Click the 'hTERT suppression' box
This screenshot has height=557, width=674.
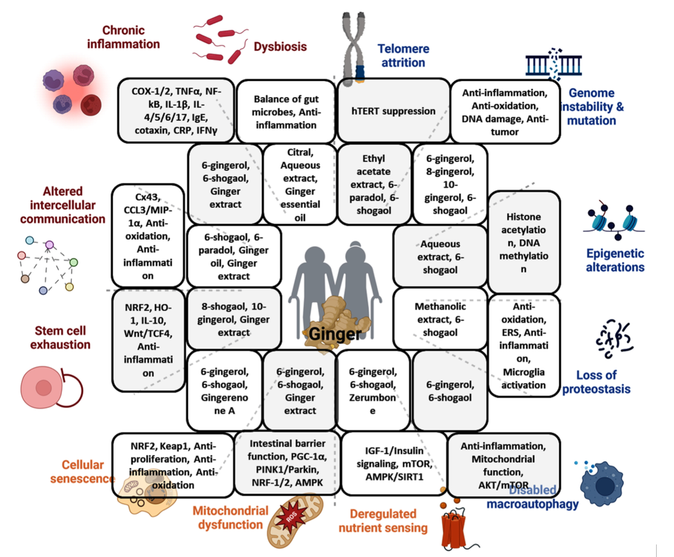click(393, 111)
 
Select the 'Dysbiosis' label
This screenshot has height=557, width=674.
click(280, 47)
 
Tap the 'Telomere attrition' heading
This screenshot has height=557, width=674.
click(403, 55)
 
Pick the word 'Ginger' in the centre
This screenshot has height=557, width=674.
click(334, 334)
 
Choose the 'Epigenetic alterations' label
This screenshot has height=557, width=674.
click(615, 260)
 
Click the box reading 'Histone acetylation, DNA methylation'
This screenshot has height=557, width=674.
click(523, 243)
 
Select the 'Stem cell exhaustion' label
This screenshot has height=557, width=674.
click(60, 338)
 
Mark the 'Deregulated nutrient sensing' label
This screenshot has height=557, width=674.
click(383, 521)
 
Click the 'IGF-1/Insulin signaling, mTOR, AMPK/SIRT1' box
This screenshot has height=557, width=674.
click(394, 464)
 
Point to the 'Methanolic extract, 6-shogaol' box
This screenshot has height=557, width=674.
click(440, 319)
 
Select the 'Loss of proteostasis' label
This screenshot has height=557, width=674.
click(596, 382)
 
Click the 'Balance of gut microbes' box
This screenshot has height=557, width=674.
click(286, 112)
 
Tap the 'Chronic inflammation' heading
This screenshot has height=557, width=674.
click(124, 37)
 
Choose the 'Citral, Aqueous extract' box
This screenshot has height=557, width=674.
click(300, 185)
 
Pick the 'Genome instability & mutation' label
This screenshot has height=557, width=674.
click(591, 107)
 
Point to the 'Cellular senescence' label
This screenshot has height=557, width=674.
click(83, 472)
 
